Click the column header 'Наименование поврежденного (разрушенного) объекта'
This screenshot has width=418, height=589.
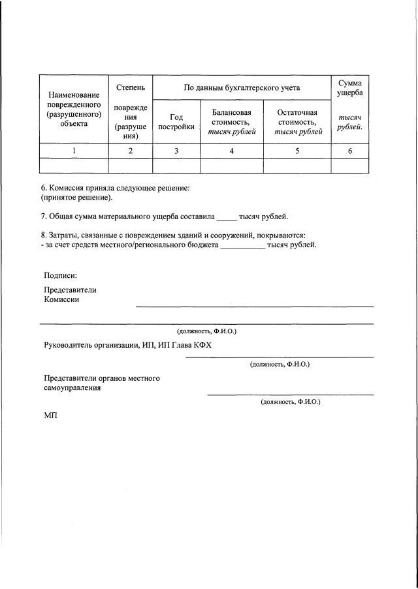pos(73,109)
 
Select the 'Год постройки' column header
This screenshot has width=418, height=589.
pos(176,122)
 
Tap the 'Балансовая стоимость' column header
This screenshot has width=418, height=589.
pos(231,122)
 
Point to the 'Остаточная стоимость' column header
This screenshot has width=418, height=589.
pos(297,122)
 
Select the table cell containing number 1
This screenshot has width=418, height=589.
pos(73,151)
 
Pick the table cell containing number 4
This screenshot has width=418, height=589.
pos(231,151)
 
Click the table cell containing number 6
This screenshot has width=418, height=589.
pos(349,151)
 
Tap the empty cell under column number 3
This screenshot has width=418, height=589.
pos(176,166)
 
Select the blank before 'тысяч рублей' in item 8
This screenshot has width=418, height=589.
pos(242,245)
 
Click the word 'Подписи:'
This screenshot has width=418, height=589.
pos(60,275)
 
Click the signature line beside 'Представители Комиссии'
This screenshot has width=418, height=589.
pos(255,305)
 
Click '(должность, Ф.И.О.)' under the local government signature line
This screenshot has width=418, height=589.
pos(290,402)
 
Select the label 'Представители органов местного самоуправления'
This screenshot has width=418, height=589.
pos(101,383)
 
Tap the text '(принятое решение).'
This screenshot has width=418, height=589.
pos(76,197)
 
